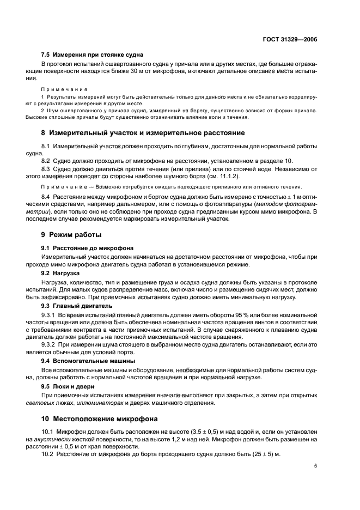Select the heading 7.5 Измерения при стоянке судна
[92, 55]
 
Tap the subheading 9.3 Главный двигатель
[77, 306]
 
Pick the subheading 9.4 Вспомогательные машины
[88, 361]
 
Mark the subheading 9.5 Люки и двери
[68, 385]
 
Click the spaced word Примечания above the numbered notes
[61, 89]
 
